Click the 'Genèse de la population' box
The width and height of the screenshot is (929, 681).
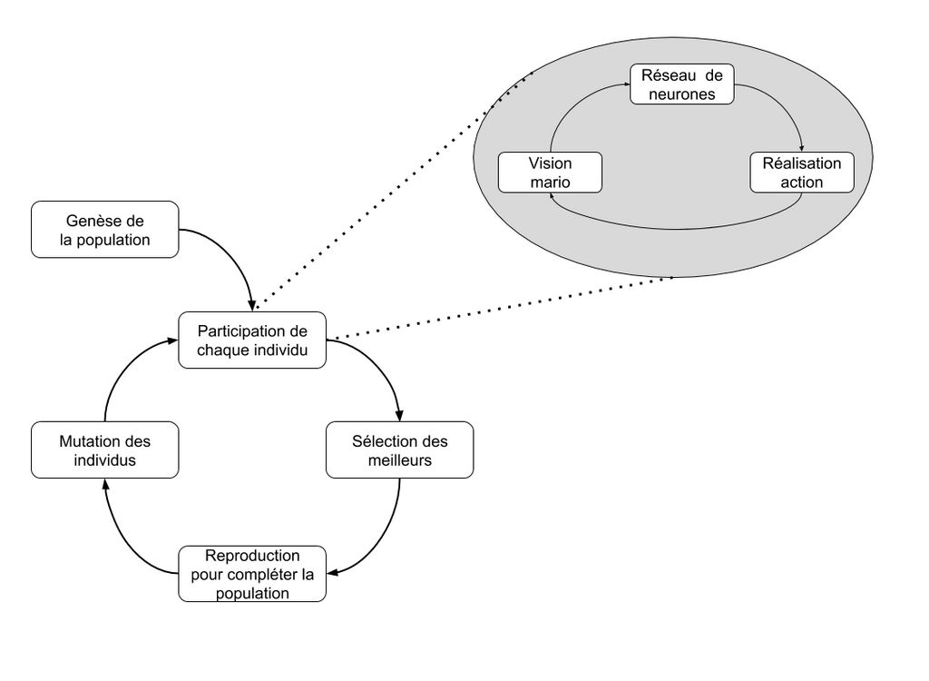point(104,230)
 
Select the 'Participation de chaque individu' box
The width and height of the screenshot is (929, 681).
point(252,340)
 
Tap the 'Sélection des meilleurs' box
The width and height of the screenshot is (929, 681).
point(399,449)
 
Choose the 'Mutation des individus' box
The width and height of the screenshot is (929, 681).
point(104,449)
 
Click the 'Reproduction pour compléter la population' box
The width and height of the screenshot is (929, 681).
point(252,573)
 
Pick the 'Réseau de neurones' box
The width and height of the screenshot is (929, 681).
point(682,84)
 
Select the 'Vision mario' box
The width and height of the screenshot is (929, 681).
point(550,173)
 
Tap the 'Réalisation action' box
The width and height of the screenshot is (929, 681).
point(802,173)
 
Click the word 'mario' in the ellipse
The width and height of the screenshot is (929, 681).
point(550,183)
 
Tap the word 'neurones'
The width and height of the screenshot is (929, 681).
point(682,94)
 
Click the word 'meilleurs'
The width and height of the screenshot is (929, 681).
point(399,459)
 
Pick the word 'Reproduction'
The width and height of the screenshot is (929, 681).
point(252,556)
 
